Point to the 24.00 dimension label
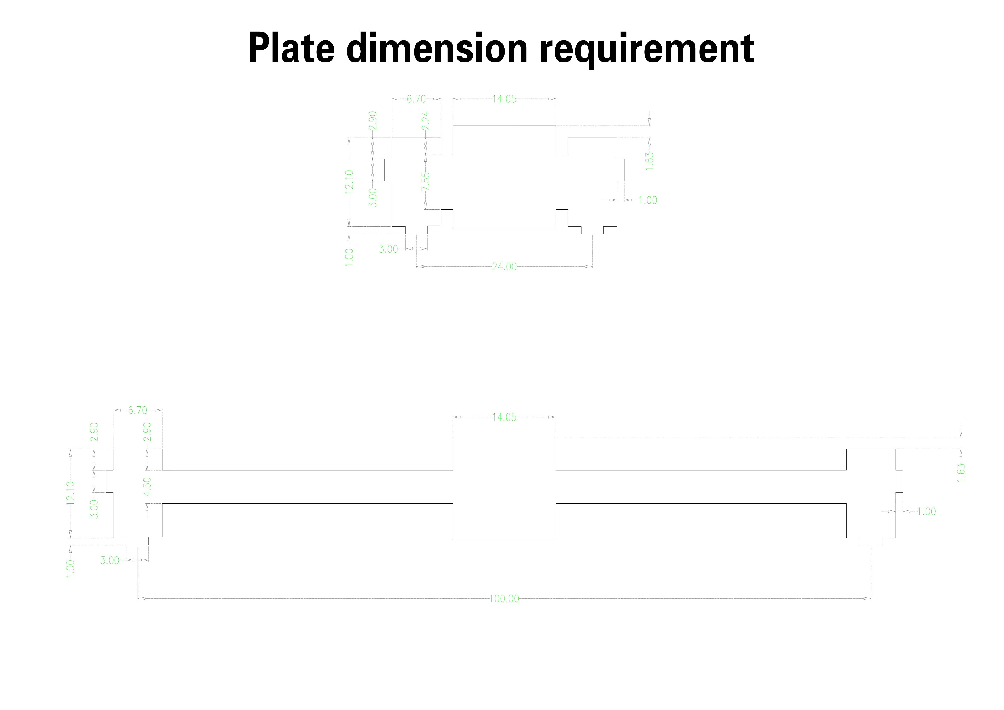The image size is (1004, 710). coord(504,266)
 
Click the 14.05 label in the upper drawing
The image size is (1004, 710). coord(504,99)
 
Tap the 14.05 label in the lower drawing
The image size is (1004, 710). coord(504,417)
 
